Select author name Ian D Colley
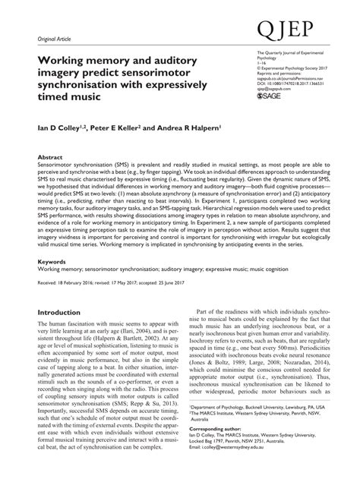pos(62,129)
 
